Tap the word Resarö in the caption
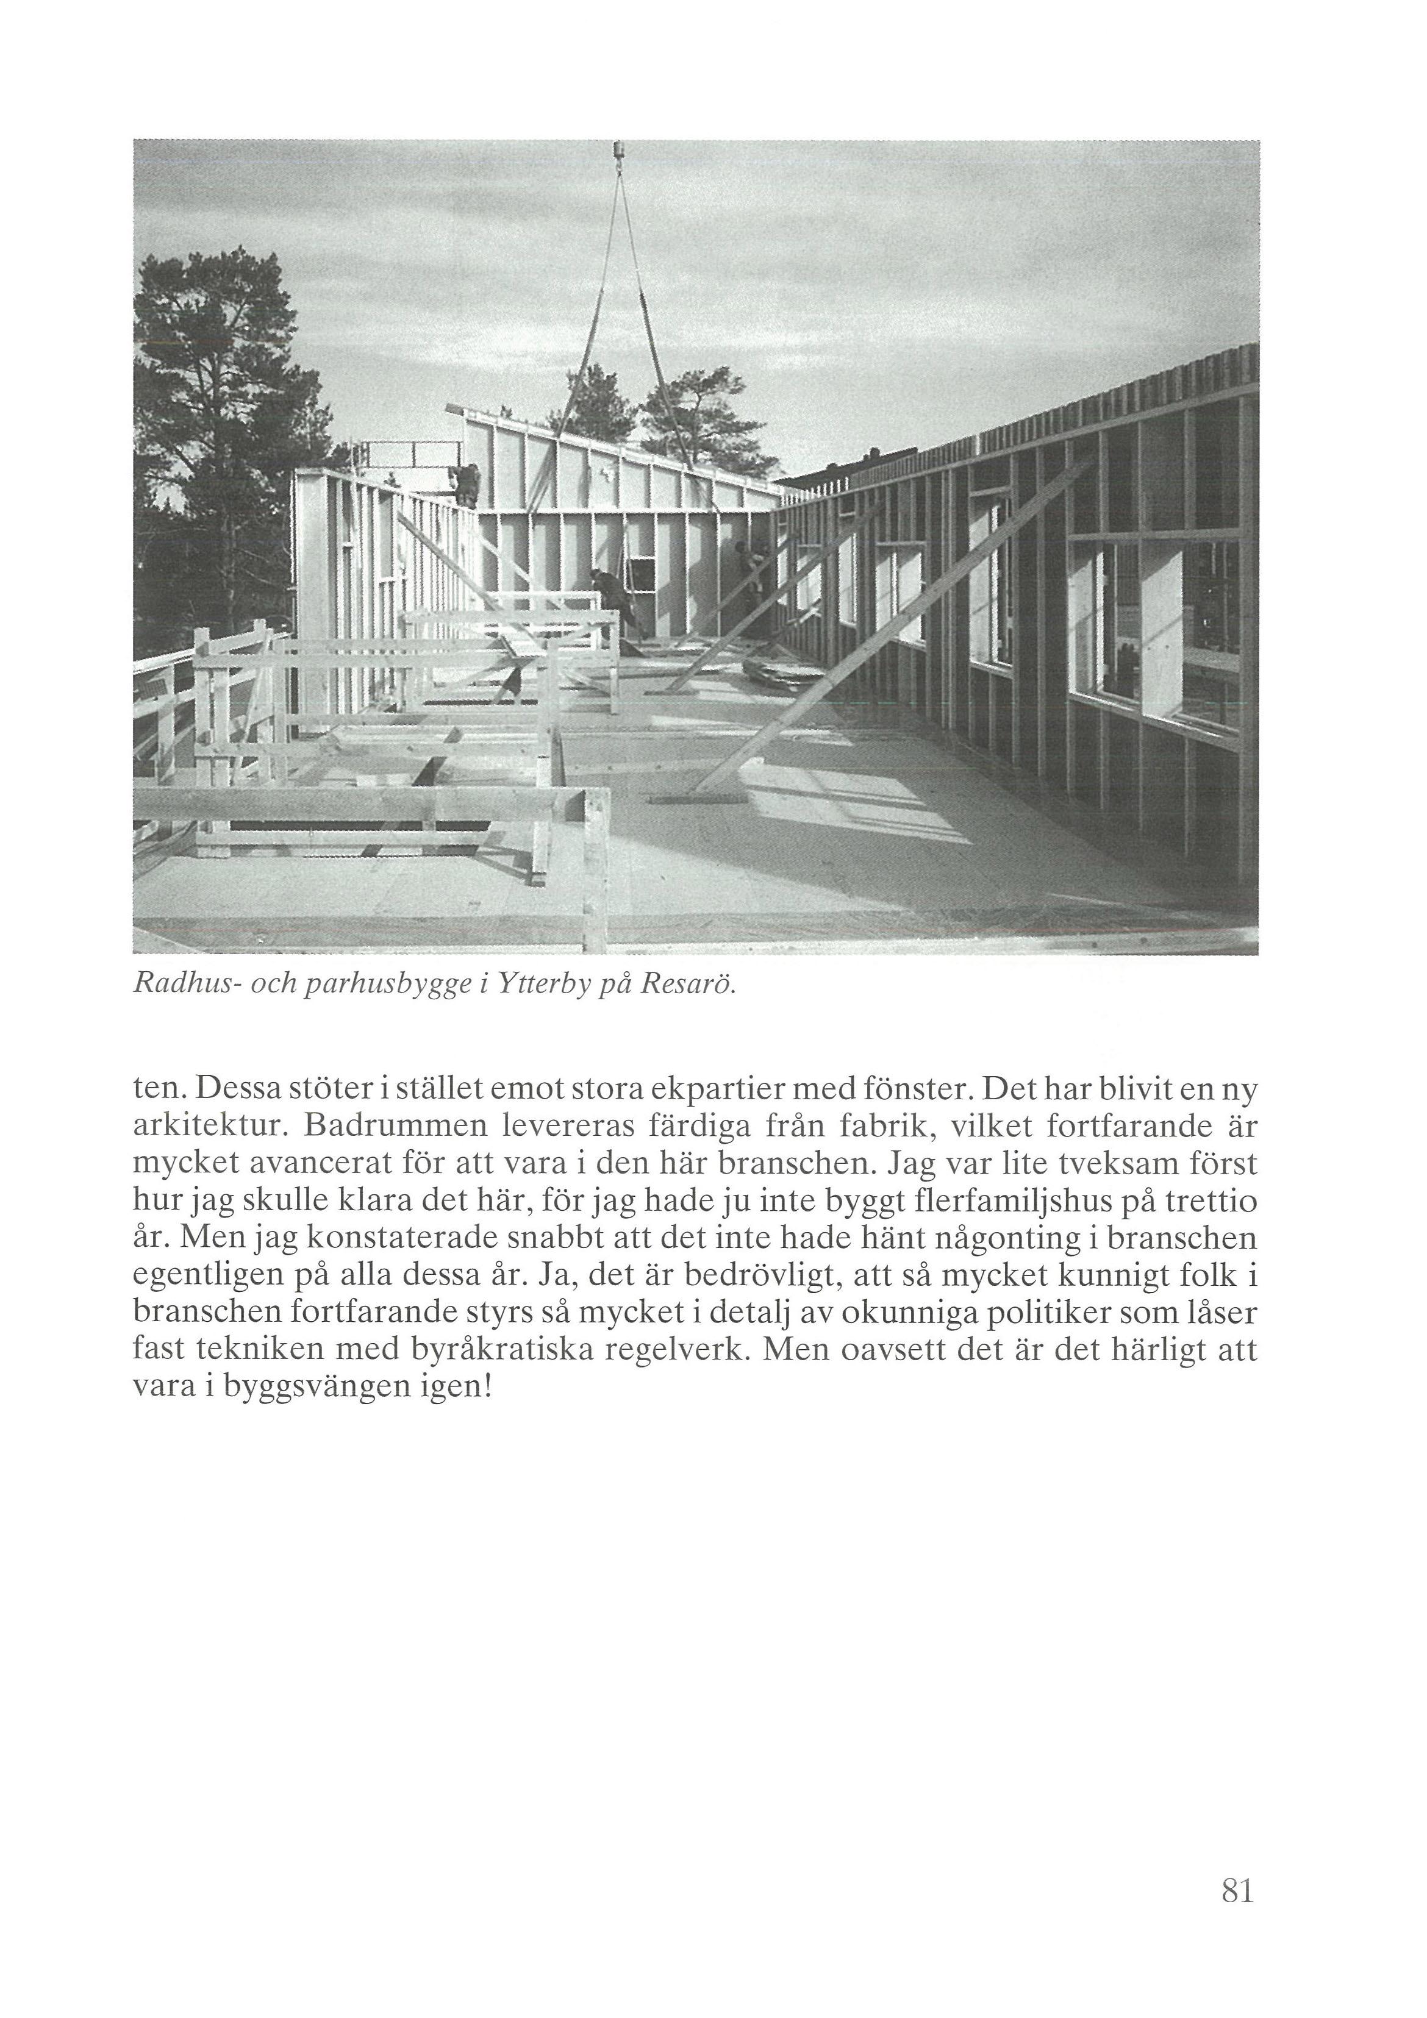tap(687, 985)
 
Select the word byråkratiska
tap(498, 1350)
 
